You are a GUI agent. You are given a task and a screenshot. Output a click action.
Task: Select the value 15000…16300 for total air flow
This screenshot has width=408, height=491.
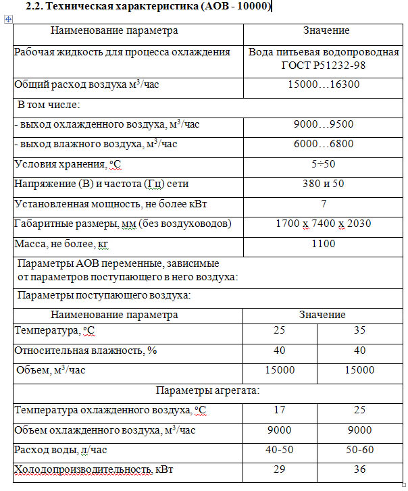(x=324, y=85)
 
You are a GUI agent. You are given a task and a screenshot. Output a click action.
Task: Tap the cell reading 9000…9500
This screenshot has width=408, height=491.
(x=324, y=124)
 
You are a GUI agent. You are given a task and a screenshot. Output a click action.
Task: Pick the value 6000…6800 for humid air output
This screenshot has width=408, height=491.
(x=324, y=144)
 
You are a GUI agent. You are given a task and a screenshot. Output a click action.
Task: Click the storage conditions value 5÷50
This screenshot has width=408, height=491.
(x=324, y=164)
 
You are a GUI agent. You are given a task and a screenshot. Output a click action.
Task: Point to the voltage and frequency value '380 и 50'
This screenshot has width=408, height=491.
(x=324, y=184)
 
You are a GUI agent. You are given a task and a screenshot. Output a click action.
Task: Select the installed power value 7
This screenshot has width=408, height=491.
(x=324, y=203)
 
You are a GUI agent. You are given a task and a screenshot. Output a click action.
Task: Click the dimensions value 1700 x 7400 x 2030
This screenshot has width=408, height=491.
(x=324, y=224)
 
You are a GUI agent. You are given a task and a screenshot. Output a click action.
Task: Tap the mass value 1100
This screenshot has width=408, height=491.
(x=324, y=243)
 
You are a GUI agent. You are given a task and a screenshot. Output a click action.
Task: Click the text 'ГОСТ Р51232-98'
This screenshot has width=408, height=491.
(x=324, y=66)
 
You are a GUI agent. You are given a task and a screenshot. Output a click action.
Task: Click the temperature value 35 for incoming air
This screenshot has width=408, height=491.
(x=359, y=330)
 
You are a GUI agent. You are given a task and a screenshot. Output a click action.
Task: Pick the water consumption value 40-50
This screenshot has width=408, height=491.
(x=280, y=450)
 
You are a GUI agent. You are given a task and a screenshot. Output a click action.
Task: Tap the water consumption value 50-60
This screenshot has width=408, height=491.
(x=359, y=450)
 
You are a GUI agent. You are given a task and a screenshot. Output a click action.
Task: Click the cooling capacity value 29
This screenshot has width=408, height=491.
(x=280, y=470)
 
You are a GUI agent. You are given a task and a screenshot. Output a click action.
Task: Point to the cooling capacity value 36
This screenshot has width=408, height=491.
(x=359, y=470)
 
